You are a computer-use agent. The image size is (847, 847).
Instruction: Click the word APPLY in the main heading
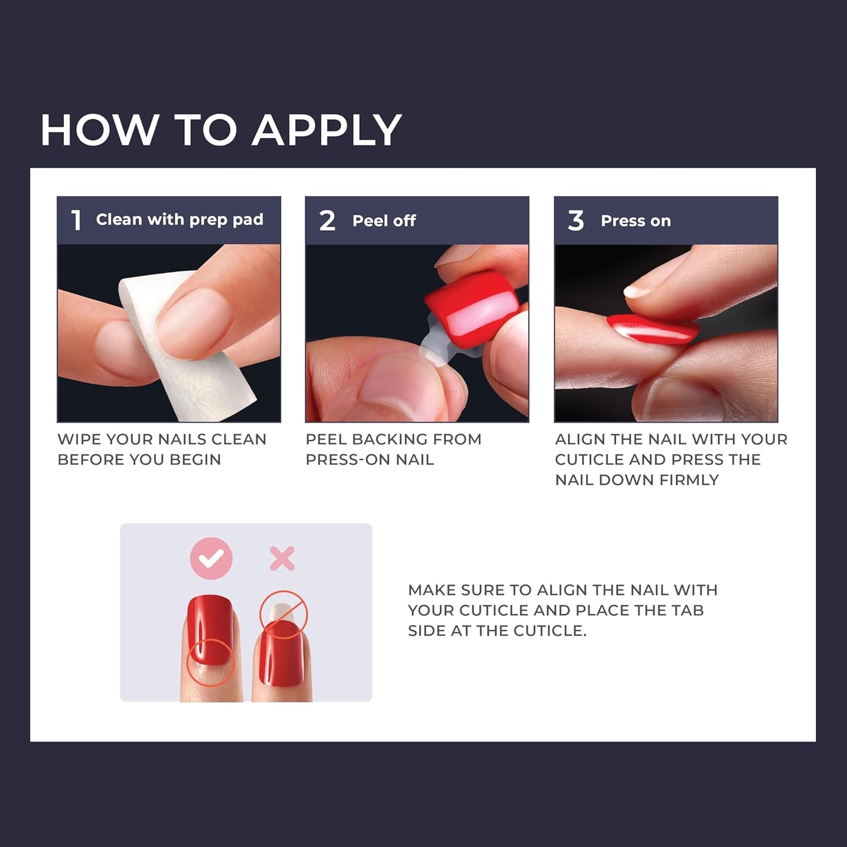[326, 130]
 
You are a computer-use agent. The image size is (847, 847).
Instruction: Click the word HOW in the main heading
[100, 130]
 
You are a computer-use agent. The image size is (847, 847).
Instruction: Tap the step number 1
[76, 220]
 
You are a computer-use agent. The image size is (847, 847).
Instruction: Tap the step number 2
[327, 221]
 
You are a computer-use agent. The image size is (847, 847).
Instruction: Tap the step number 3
[576, 221]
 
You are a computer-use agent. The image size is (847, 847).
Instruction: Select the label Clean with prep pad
[179, 220]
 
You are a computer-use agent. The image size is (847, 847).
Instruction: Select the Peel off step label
[384, 221]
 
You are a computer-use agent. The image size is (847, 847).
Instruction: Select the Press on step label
[635, 221]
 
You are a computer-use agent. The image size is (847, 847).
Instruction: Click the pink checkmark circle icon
[211, 559]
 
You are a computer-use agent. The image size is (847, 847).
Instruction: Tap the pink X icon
[282, 559]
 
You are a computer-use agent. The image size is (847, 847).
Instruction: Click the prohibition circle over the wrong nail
[284, 614]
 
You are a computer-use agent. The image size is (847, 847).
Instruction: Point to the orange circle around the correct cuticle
[210, 662]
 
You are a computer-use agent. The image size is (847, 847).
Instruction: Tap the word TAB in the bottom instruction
[687, 610]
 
